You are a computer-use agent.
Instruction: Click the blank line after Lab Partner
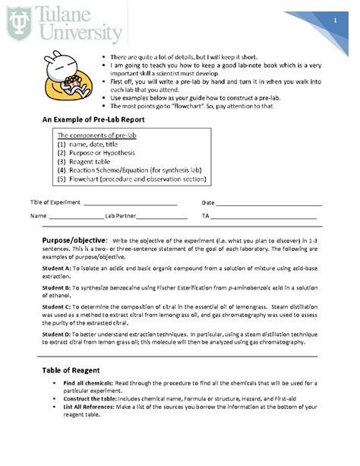[x=162, y=217]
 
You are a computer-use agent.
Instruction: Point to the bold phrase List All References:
[x=92, y=407]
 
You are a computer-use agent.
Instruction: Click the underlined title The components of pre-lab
[x=96, y=135]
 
